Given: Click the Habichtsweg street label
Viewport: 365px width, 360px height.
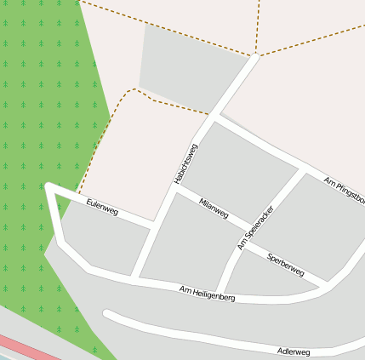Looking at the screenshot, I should [x=185, y=163].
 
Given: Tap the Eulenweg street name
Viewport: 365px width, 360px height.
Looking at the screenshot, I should [x=102, y=206].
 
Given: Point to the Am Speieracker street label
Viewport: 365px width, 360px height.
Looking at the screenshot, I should [x=256, y=227].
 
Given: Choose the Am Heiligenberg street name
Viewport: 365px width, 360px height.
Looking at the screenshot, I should [x=207, y=294].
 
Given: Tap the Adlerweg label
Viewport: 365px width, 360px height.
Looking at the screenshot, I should [x=294, y=351].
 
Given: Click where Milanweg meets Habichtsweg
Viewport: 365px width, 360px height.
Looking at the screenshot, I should [x=174, y=190].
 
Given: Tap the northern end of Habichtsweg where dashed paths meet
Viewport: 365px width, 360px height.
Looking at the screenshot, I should [x=254, y=56].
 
